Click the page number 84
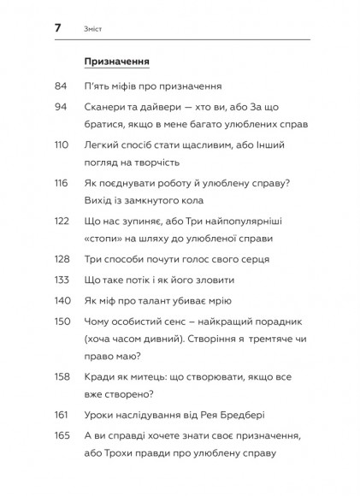point(60,86)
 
